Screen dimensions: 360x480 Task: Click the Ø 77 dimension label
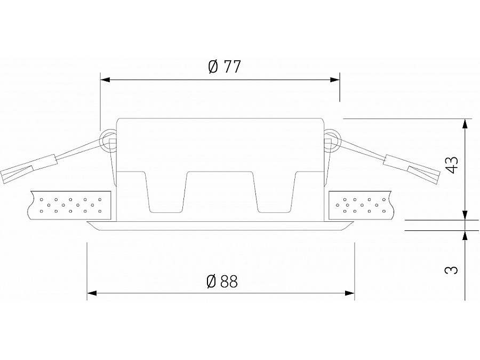click(x=224, y=67)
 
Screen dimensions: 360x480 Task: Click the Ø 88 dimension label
click(x=221, y=281)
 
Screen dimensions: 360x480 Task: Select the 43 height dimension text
click(x=451, y=165)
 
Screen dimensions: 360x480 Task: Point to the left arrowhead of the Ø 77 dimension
click(x=105, y=80)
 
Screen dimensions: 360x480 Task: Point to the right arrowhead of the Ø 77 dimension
click(x=335, y=80)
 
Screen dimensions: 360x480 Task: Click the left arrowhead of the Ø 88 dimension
click(x=92, y=293)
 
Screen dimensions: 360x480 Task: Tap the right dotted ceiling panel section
click(x=361, y=205)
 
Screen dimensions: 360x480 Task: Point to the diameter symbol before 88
click(x=210, y=281)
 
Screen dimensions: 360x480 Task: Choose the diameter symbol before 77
click(x=213, y=67)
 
